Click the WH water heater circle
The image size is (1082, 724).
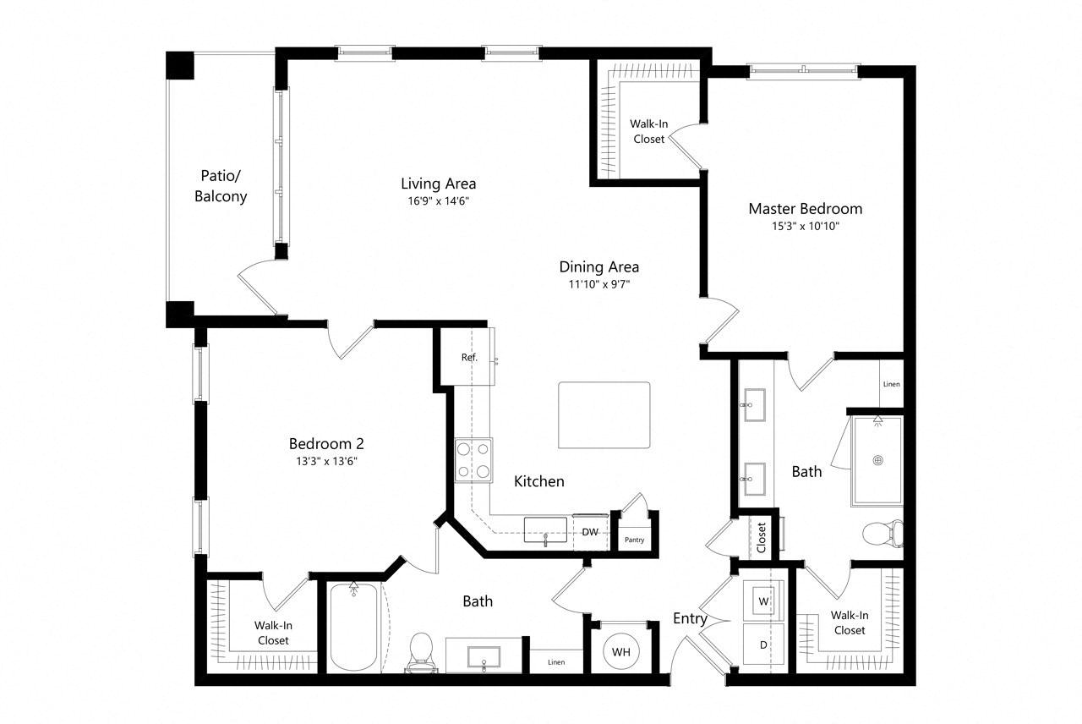(620, 651)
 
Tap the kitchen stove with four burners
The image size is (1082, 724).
(473, 460)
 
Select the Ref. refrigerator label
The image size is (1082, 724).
(469, 357)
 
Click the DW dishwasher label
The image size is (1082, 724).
(590, 532)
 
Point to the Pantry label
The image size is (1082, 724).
(634, 540)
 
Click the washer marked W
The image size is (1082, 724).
(763, 601)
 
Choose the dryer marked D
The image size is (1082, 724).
(763, 644)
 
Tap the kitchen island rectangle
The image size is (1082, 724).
(604, 415)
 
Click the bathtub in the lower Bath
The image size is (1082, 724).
(353, 627)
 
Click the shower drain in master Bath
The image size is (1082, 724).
(877, 460)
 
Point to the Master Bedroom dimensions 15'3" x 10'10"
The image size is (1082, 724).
(806, 226)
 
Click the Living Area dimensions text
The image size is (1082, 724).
(438, 200)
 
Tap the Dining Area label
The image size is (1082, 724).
(599, 266)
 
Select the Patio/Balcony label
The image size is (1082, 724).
(221, 186)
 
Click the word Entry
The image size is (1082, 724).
(690, 618)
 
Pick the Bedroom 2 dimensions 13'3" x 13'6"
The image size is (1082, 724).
(326, 461)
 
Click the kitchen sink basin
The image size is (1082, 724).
(545, 529)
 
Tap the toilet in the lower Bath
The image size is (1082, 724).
(421, 652)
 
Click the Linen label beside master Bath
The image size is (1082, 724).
(891, 384)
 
